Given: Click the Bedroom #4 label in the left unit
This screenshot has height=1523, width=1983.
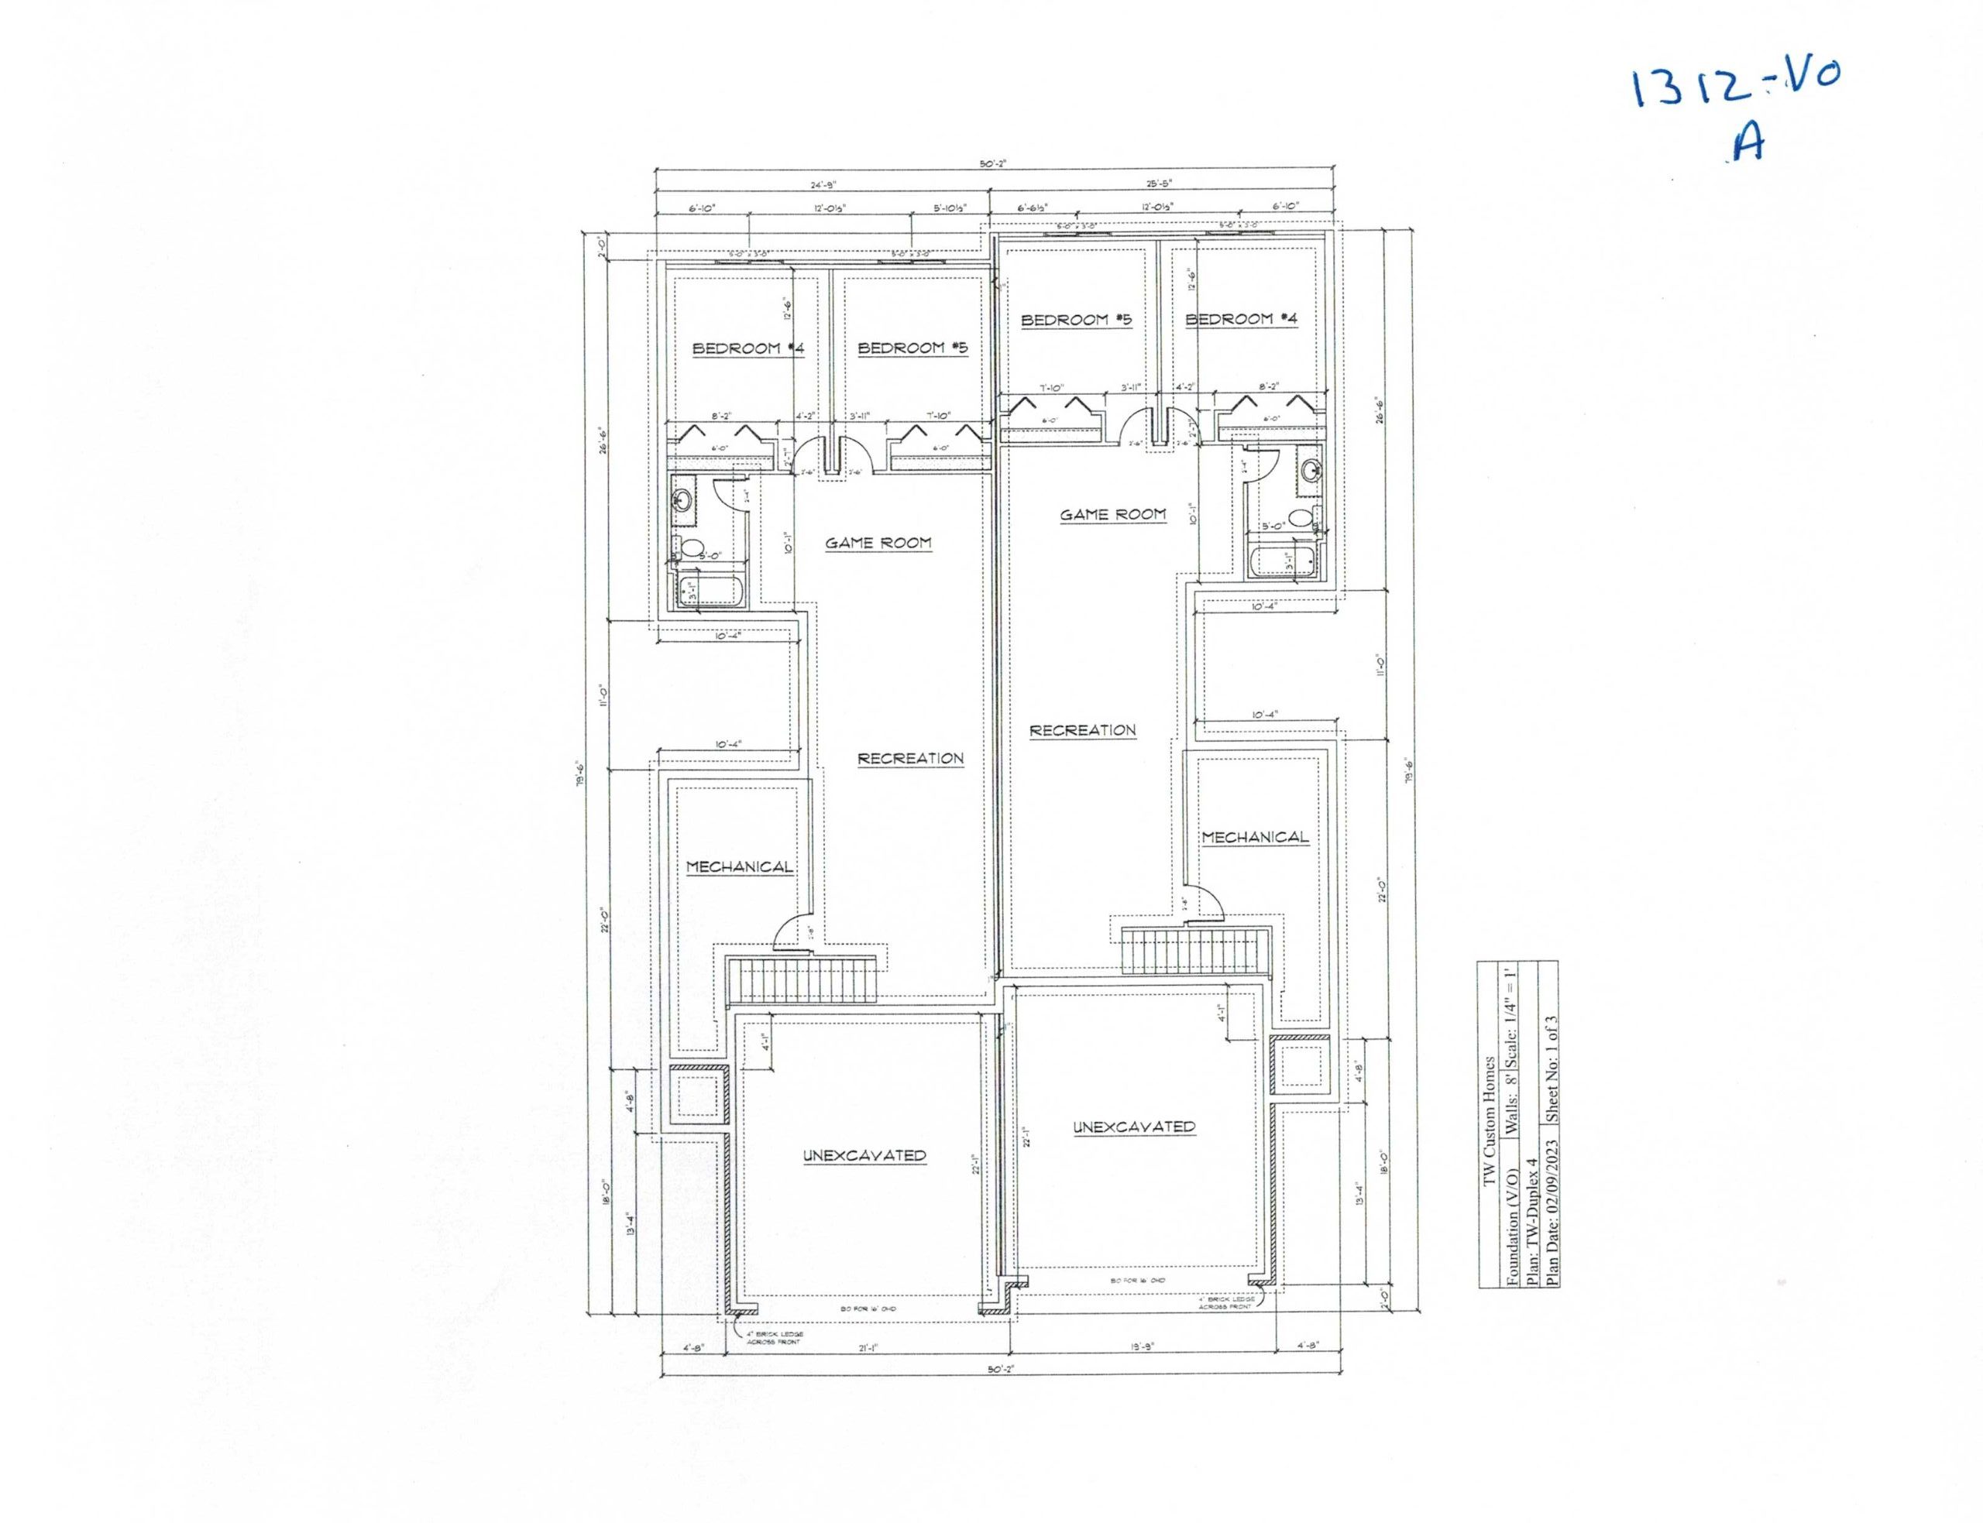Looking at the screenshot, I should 748,348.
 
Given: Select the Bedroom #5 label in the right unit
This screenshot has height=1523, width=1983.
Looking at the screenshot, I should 1076,319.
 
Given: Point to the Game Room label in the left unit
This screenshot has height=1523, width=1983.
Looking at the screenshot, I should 877,543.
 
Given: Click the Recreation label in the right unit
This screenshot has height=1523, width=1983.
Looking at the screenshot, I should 1083,730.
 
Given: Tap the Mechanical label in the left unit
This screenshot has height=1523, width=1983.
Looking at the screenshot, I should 739,866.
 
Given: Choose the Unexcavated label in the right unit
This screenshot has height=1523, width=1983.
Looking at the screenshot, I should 1133,1127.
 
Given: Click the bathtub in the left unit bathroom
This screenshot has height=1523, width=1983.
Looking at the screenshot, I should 711,589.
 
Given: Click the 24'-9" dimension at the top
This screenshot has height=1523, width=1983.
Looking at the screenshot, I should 822,185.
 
